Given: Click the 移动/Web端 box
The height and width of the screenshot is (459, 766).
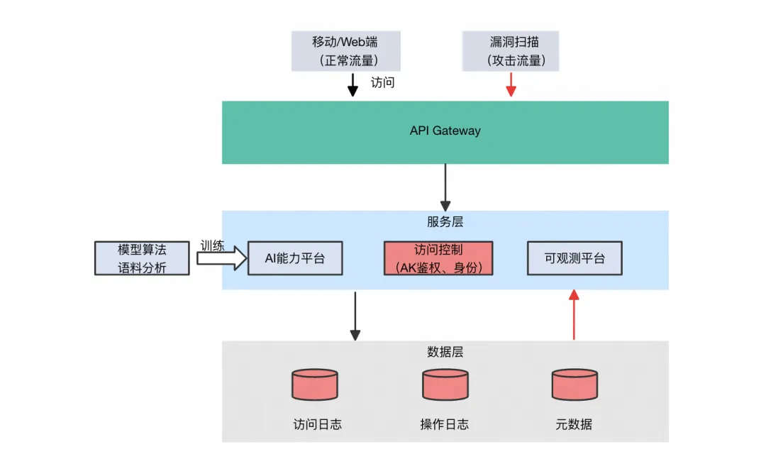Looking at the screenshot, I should [345, 51].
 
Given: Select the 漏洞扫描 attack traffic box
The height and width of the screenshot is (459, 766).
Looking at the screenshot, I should [511, 51].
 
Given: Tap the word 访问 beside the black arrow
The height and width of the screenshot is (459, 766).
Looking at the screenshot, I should [382, 82].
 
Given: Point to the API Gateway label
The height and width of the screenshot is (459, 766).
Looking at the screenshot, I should [445, 131].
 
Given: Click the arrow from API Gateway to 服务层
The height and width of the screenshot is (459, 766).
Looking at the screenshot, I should [445, 186].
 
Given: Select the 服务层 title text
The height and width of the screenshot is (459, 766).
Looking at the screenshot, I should [445, 221].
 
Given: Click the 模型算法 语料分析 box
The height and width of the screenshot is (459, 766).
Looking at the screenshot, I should [142, 258].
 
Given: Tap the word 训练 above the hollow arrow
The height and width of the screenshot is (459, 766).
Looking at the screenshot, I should [212, 246].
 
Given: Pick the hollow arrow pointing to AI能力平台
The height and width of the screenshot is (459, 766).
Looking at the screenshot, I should [221, 258].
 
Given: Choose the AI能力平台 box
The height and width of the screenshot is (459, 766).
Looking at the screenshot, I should [295, 258].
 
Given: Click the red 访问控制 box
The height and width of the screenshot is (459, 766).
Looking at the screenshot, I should [438, 258].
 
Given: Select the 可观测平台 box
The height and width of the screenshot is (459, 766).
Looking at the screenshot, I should [574, 258].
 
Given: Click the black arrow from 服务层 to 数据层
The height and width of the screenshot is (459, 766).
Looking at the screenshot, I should [355, 315].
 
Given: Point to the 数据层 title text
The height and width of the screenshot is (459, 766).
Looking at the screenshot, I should [445, 352].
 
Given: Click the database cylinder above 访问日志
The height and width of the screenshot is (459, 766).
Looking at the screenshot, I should [315, 384].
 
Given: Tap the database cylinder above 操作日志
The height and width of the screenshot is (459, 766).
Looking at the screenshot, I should [445, 384].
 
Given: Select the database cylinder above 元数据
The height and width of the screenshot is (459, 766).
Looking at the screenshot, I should [574, 384].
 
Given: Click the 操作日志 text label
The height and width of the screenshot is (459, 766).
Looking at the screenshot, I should [445, 424].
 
